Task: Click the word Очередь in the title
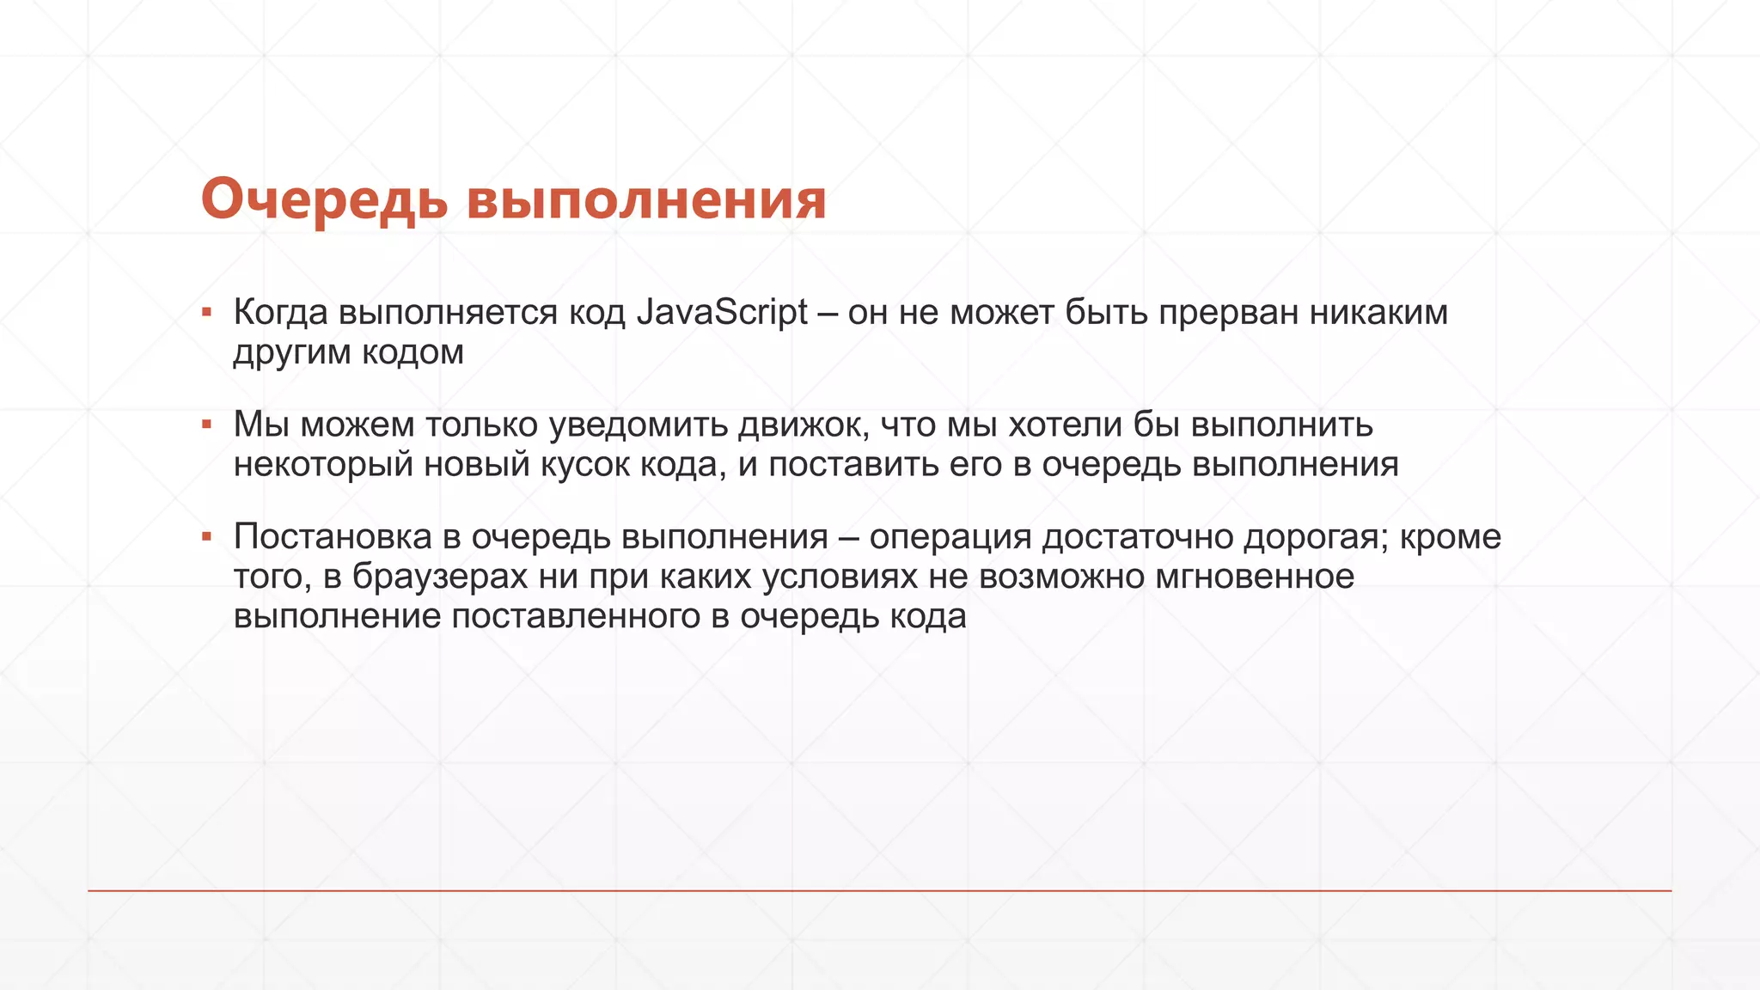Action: click(324, 199)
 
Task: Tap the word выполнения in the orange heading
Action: click(646, 199)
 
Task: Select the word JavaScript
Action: click(722, 313)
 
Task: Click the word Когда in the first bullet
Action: click(280, 313)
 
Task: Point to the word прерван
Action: click(1228, 313)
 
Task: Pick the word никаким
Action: click(1378, 313)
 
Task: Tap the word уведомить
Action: click(639, 425)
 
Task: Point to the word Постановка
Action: click(333, 537)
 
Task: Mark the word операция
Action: click(950, 537)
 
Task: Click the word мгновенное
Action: click(1254, 577)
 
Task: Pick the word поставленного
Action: click(576, 616)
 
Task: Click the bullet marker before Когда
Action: click(206, 312)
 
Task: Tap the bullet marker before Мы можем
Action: click(206, 424)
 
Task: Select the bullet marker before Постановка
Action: click(206, 536)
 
